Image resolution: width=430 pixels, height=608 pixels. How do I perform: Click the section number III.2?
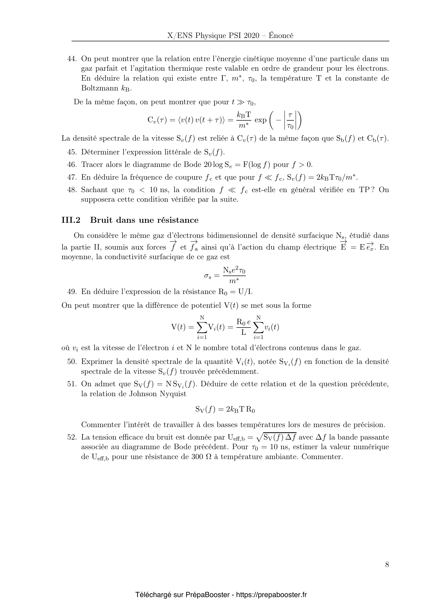point(71,220)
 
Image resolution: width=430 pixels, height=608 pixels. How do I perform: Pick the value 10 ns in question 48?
point(159,190)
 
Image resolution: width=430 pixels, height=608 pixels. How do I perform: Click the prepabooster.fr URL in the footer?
point(271,595)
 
